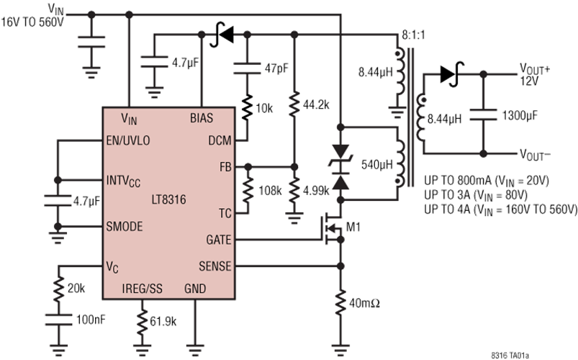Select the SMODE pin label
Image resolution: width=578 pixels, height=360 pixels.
[125, 226]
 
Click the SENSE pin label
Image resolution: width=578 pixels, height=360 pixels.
[215, 266]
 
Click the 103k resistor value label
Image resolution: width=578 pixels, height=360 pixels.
[270, 191]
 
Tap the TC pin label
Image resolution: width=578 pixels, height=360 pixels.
[225, 213]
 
